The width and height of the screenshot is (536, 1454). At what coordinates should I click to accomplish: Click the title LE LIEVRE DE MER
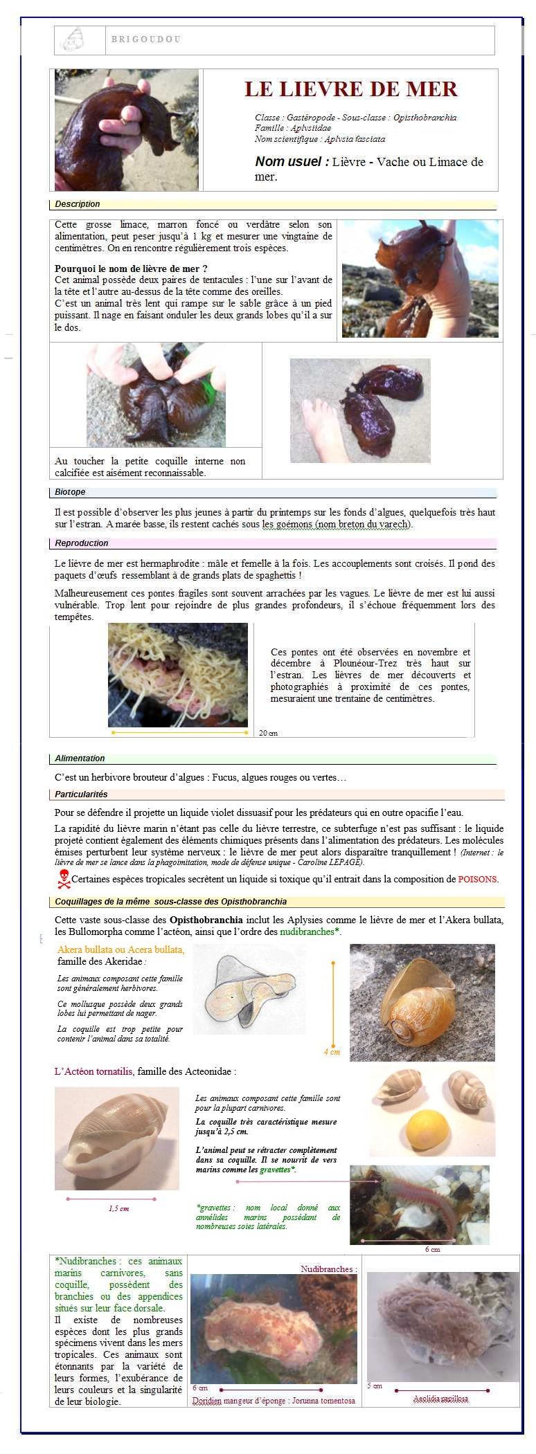pyautogui.click(x=350, y=89)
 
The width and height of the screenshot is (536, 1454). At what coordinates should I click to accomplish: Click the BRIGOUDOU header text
pyautogui.click(x=145, y=39)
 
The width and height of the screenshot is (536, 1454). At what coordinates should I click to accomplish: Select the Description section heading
pyautogui.click(x=78, y=204)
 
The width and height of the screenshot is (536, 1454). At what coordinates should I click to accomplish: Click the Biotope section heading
pyautogui.click(x=70, y=492)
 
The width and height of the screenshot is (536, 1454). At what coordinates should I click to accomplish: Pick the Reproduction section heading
pyautogui.click(x=82, y=543)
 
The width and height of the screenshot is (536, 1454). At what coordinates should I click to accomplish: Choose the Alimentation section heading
pyautogui.click(x=80, y=758)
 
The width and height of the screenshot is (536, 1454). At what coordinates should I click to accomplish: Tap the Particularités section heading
pyautogui.click(x=81, y=794)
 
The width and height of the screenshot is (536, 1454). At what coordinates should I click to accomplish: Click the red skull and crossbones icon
pyautogui.click(x=63, y=879)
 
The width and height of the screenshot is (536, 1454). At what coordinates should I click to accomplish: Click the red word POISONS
pyautogui.click(x=478, y=880)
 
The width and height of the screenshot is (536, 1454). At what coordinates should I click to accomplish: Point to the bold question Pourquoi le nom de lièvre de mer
pyautogui.click(x=132, y=269)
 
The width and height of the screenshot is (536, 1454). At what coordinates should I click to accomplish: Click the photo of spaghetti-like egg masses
pyautogui.click(x=178, y=675)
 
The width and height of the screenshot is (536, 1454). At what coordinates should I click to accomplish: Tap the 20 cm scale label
pyautogui.click(x=268, y=733)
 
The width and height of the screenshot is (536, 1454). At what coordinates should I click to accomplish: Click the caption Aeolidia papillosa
pyautogui.click(x=440, y=1399)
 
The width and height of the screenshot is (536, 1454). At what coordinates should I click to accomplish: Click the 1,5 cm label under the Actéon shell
pyautogui.click(x=118, y=1208)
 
